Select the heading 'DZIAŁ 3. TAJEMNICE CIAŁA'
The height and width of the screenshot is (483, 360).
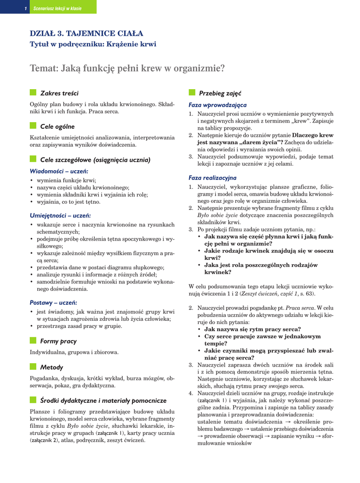tap(86, 33)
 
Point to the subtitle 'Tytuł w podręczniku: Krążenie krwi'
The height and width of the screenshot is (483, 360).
tap(93, 44)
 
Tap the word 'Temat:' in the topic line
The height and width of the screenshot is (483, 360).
tap(44, 69)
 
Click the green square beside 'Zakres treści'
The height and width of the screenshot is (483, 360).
tap(33, 92)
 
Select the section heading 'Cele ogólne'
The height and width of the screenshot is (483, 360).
tap(57, 126)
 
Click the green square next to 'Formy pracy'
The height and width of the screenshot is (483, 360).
tap(33, 341)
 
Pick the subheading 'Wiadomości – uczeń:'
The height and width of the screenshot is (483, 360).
tap(59, 171)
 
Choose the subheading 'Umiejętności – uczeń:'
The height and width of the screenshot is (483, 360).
tap(60, 215)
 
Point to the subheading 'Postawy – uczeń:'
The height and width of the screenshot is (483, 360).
tap(53, 302)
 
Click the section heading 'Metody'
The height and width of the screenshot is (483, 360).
tap(51, 367)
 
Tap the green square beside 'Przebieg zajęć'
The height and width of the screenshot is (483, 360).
tap(192, 92)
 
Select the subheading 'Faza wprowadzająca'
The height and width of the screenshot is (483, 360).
tap(215, 105)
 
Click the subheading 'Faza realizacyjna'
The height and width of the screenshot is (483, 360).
tap(212, 178)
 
